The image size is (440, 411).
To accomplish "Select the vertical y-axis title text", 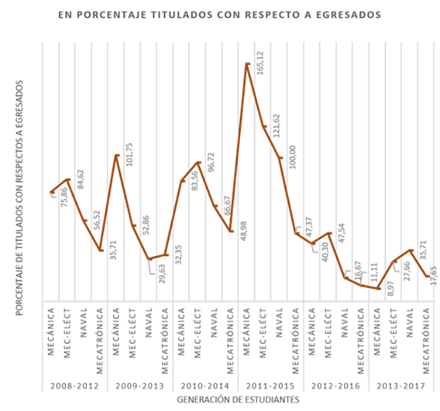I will pyautogui.click(x=18, y=197).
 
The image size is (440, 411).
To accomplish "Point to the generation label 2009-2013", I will pyautogui.click(x=141, y=385).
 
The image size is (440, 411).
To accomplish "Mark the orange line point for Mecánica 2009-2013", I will pyautogui.click(x=117, y=156).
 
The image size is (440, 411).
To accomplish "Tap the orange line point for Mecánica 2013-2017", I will pyautogui.click(x=378, y=289).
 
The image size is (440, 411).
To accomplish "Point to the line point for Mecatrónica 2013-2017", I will pyautogui.click(x=427, y=277).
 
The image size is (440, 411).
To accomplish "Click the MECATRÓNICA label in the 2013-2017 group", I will pyautogui.click(x=427, y=340).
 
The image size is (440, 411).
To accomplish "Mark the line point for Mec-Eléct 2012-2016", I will pyautogui.click(x=329, y=234).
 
